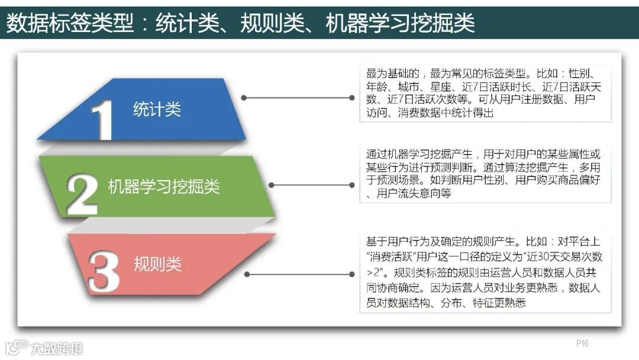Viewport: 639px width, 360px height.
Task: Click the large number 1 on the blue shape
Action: click(104, 120)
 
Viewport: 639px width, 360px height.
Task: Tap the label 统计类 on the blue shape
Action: click(157, 110)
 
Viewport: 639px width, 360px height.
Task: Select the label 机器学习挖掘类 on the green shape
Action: click(164, 187)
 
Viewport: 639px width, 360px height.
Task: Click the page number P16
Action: click(582, 344)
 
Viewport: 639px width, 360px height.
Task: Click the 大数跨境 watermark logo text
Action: click(57, 348)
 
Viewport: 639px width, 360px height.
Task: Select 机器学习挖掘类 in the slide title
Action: click(400, 24)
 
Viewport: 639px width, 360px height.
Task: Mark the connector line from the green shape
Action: click(311, 185)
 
